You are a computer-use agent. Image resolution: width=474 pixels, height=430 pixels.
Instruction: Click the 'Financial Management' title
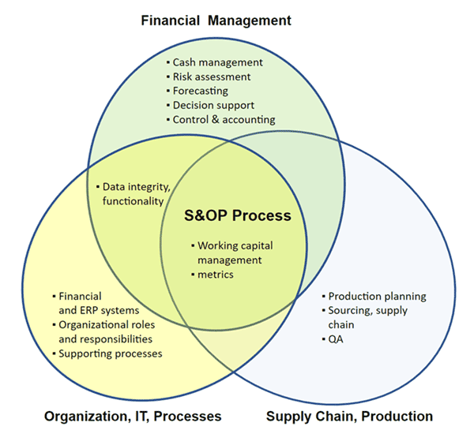(216, 21)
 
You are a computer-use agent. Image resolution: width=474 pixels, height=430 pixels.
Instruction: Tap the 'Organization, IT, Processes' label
(133, 417)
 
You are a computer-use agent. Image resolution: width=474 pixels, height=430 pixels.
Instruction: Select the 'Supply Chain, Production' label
(349, 417)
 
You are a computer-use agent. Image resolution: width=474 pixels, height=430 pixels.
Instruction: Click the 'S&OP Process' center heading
(238, 215)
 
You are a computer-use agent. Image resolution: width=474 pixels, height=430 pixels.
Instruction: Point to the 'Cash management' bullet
(215, 62)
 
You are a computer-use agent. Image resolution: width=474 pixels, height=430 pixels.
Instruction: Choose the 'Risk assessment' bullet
(209, 77)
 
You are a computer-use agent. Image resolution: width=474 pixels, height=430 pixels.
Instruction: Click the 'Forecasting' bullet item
(197, 91)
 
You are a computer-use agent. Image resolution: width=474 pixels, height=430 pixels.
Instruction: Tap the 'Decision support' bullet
(210, 106)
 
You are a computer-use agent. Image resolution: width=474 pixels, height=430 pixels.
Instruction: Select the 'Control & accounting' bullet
(221, 120)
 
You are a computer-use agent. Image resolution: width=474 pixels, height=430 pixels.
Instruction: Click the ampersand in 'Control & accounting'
(215, 120)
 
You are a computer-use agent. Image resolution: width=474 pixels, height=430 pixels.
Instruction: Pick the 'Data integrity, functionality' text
(134, 194)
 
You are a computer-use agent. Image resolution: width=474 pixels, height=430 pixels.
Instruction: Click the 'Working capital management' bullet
(232, 252)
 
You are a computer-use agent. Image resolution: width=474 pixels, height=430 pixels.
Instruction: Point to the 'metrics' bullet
(213, 275)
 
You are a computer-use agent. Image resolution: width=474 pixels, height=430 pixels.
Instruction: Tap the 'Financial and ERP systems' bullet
(96, 303)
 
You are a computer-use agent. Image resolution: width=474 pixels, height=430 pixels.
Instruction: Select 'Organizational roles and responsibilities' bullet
(103, 332)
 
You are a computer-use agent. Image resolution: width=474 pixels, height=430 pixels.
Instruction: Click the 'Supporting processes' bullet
(107, 353)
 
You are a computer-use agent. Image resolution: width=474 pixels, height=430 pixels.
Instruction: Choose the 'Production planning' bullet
(374, 296)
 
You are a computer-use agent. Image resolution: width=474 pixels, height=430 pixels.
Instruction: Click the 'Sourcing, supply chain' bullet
(365, 318)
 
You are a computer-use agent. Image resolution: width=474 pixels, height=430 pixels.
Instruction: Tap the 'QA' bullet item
(333, 339)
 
